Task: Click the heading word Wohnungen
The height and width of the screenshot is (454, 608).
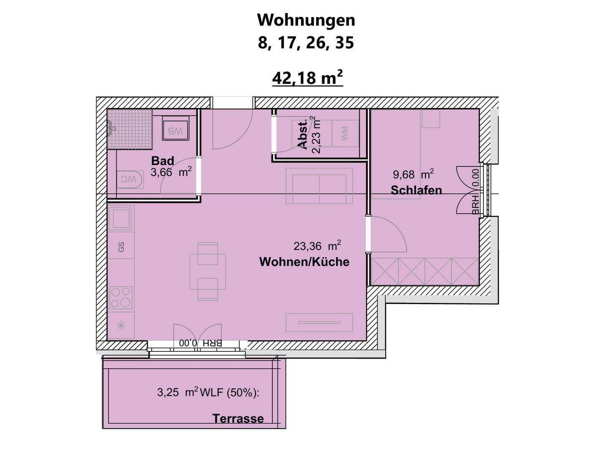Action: pos(306,20)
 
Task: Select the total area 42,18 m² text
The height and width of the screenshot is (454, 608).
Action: pos(307,78)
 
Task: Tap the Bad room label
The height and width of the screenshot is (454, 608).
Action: pos(163,161)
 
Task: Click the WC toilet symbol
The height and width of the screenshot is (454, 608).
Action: pos(129,179)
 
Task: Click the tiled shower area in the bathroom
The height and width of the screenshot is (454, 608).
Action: pos(130,129)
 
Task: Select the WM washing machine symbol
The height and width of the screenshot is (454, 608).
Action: pos(345,133)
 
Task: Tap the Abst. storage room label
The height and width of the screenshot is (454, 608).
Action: pos(303,135)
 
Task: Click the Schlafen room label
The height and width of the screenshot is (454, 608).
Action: pos(416,190)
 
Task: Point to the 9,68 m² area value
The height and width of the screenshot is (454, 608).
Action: pos(413,174)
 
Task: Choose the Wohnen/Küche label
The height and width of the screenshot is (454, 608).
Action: pos(304,262)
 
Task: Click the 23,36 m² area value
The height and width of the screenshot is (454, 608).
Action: pos(317,246)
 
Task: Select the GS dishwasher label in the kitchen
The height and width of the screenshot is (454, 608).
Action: pos(121,247)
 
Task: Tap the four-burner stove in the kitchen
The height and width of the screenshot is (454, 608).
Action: pos(121,297)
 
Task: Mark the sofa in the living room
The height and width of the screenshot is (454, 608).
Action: pos(319,186)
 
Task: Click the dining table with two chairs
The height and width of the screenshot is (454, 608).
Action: pos(208,271)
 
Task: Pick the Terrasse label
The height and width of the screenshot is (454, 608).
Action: pos(238,419)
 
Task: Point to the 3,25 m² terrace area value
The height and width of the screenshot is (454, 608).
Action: pos(177,392)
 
